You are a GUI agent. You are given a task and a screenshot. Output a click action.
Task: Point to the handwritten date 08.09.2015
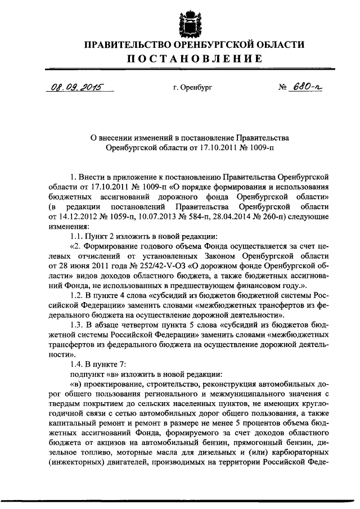(71, 88)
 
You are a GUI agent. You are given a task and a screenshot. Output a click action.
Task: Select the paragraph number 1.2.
(76, 296)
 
